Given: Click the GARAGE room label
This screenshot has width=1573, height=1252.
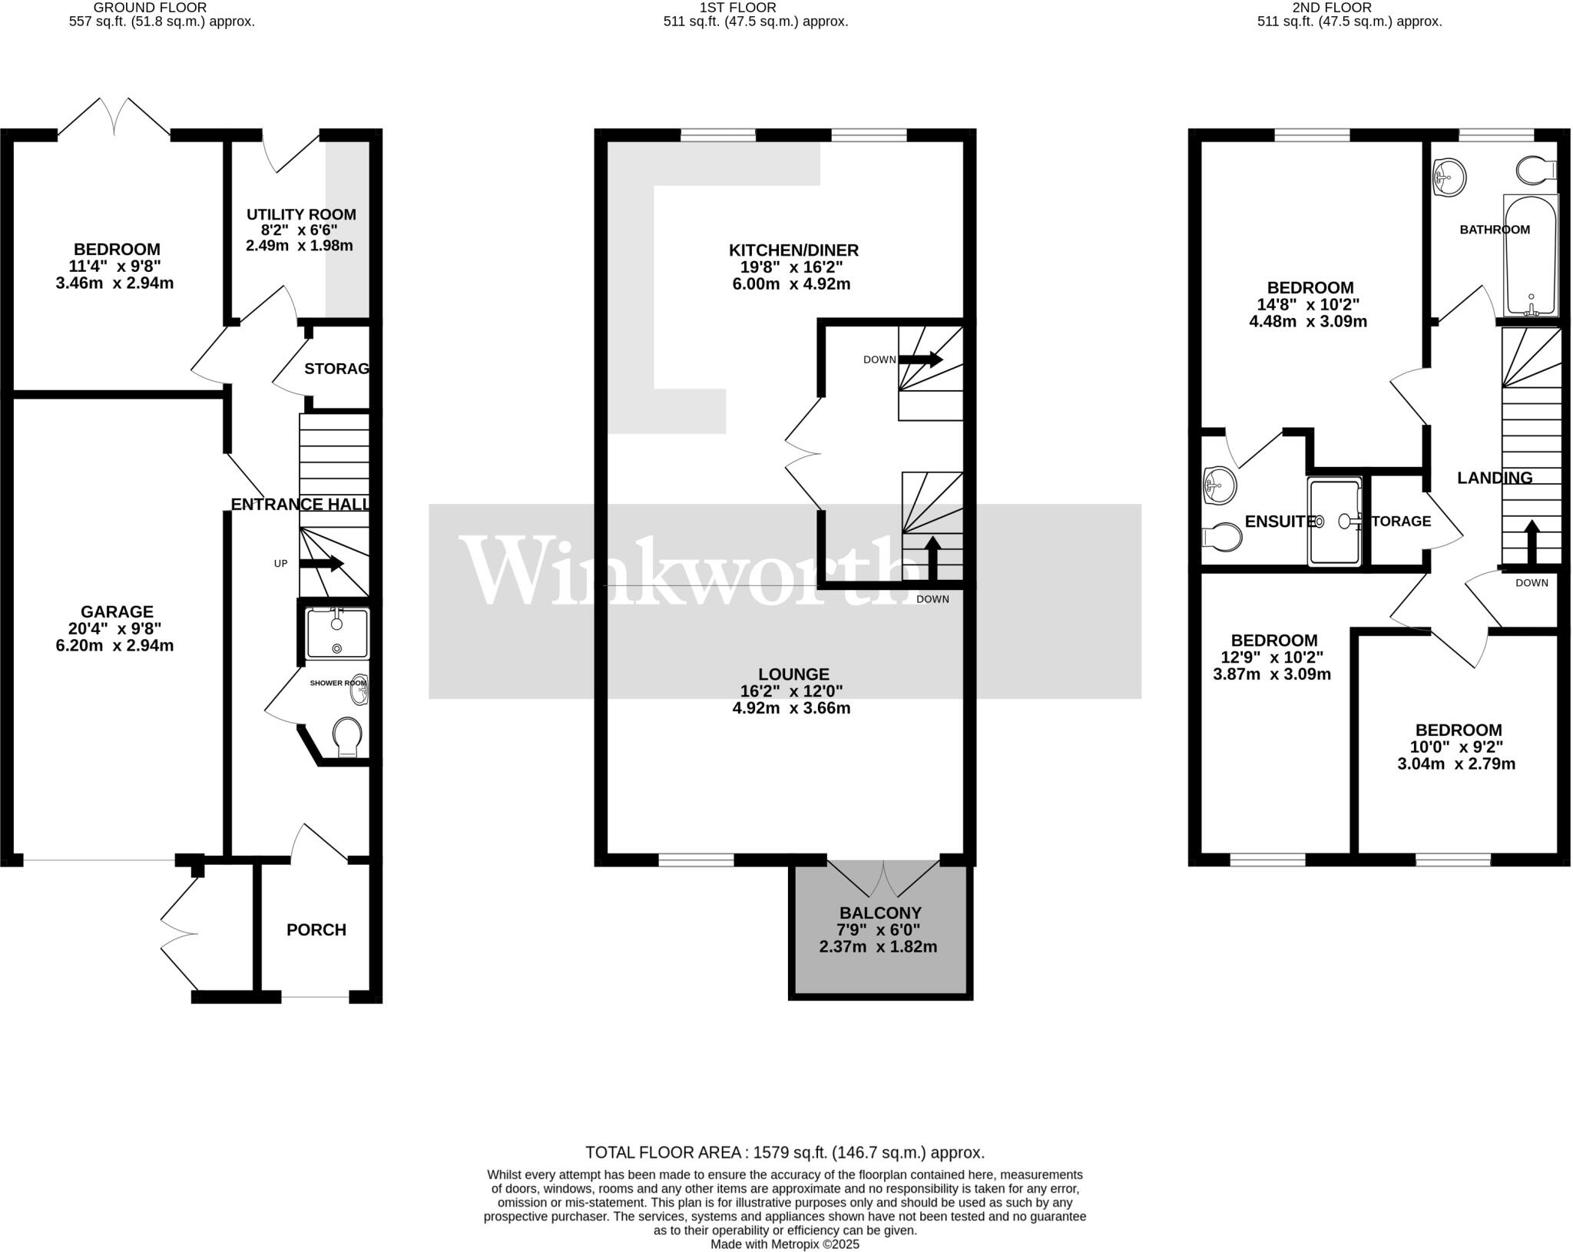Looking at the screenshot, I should (x=117, y=612).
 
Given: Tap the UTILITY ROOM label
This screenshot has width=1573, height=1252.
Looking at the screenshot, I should (x=301, y=214).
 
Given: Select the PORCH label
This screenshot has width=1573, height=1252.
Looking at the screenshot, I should (x=316, y=930).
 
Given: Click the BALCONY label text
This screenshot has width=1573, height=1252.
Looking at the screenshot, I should (x=880, y=913).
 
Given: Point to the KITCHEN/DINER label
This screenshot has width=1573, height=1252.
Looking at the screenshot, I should (x=793, y=250).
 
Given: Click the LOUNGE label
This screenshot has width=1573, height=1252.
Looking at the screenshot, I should (x=793, y=674).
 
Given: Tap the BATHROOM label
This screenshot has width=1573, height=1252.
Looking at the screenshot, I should (x=1495, y=230).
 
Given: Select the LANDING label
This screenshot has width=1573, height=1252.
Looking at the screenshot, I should (x=1495, y=478).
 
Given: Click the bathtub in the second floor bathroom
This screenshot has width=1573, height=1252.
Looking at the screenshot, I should (x=1530, y=255).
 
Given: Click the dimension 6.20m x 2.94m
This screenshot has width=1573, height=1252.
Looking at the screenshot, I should (x=115, y=646).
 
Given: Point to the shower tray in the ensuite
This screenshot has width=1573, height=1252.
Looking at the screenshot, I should (x=1334, y=522).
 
